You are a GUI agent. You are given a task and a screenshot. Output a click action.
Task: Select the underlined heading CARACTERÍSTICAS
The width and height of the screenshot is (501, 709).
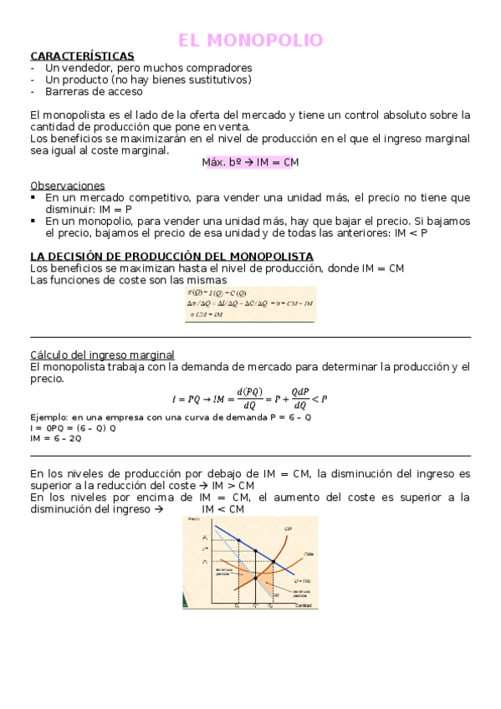click(x=81, y=56)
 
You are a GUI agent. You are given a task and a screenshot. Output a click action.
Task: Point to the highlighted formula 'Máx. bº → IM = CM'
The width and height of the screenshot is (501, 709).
click(x=250, y=163)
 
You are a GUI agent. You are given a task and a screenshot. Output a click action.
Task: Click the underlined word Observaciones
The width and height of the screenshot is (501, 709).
click(x=67, y=185)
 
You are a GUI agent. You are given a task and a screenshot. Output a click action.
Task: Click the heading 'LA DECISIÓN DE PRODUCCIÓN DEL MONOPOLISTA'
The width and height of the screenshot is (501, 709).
click(x=171, y=256)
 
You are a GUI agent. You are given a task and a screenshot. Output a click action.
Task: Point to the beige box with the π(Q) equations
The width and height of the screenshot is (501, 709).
click(x=250, y=304)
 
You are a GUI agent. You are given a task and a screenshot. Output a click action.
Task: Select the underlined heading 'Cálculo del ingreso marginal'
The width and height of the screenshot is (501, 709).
click(x=102, y=354)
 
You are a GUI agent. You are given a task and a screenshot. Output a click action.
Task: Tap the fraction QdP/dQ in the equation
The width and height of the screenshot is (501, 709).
click(x=300, y=399)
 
